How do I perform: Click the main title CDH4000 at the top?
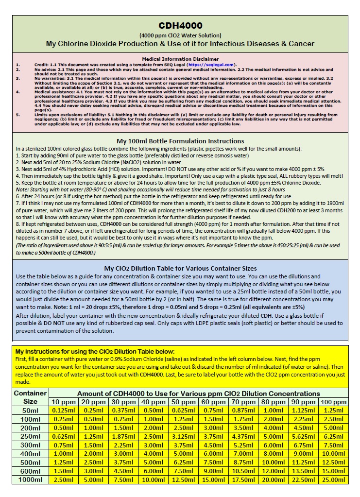pos(180,26)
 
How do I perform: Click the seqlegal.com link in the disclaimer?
pos(210,64)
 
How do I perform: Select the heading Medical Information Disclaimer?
pos(180,59)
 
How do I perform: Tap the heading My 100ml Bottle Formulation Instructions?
pos(180,141)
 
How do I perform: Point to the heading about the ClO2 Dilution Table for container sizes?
pos(180,268)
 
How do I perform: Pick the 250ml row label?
pos(31,436)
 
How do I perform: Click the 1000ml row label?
pos(31,480)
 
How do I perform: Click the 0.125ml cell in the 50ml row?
pos(63,411)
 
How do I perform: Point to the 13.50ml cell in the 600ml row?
pos(302,471)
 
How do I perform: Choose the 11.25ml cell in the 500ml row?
pos(302,462)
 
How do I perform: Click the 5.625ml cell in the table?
pos(302,436)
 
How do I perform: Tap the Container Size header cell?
pos(31,397)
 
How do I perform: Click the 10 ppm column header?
pos(63,402)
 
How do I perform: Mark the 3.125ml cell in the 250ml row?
pos(183,436)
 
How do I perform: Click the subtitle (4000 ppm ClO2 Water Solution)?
pos(180,35)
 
